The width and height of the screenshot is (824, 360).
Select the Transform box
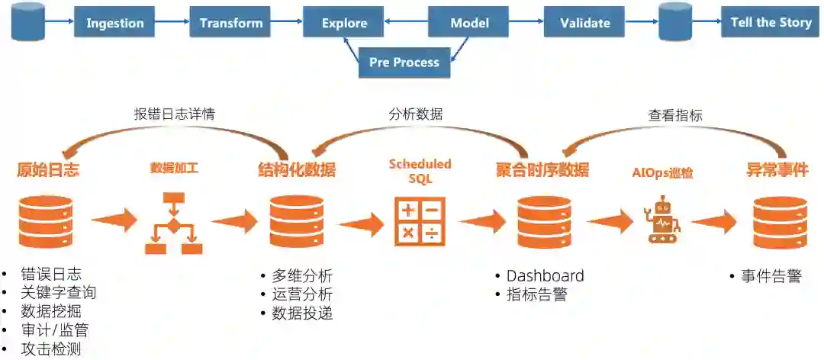pos(231,23)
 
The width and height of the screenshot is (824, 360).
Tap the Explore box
pos(344,23)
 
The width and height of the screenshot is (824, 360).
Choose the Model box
pos(469,23)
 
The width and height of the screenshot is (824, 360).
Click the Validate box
pos(584,23)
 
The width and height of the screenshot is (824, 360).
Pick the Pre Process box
pos(404,63)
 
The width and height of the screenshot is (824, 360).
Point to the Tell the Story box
pos(771,22)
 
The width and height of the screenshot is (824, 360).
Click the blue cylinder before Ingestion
pos(28,21)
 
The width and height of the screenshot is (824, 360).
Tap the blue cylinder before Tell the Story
pos(675,21)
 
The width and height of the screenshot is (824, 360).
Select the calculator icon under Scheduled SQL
pos(420,221)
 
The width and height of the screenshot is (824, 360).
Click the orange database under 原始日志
pos(46,222)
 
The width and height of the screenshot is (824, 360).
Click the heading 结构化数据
pos(297,170)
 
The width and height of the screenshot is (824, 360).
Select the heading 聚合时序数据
pos(542,170)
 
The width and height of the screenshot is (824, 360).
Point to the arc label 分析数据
pos(415,114)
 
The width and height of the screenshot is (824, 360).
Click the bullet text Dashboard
pos(545,276)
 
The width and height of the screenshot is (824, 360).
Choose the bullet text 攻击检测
pos(51,349)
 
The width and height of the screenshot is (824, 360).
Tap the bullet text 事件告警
pos(771,276)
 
